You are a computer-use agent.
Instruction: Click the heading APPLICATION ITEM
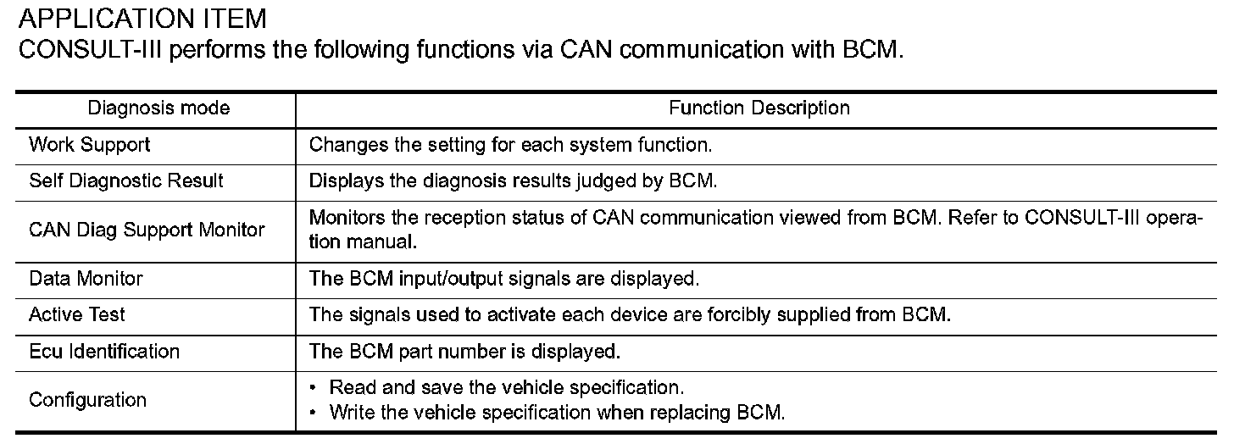(142, 19)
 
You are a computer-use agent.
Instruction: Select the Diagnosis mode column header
(158, 108)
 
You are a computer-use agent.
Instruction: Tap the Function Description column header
(759, 108)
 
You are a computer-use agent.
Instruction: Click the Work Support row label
(89, 145)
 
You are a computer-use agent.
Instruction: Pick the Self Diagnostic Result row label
(126, 180)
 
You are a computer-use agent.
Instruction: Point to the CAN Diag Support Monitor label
(147, 230)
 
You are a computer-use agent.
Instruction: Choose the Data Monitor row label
(86, 279)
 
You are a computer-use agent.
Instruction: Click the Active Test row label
(76, 314)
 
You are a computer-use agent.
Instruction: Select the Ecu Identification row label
(104, 352)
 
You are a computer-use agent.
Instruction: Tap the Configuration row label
(87, 399)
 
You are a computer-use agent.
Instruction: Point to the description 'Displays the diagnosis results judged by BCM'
(513, 180)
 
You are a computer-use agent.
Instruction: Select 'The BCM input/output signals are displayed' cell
(504, 279)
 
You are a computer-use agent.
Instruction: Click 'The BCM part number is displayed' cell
(465, 352)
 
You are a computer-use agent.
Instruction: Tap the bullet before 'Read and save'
(313, 388)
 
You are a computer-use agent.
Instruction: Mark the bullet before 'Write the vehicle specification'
(313, 412)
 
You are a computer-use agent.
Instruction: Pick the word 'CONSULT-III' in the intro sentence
(90, 50)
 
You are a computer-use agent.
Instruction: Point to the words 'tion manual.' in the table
(363, 241)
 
